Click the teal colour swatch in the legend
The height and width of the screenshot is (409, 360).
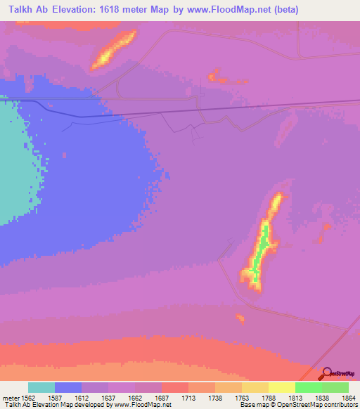[x=41, y=387]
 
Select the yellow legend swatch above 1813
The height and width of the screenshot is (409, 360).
[x=281, y=387]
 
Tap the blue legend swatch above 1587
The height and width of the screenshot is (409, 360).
[x=68, y=387]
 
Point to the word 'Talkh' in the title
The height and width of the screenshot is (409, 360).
[x=18, y=10]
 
